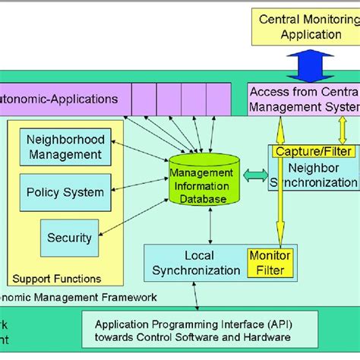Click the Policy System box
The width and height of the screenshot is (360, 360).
click(x=65, y=192)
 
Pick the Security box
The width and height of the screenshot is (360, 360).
click(x=69, y=238)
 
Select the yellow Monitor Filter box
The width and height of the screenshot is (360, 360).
click(x=270, y=263)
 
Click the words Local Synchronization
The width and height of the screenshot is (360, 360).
click(x=196, y=263)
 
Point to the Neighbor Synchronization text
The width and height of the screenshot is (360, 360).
click(x=314, y=175)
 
